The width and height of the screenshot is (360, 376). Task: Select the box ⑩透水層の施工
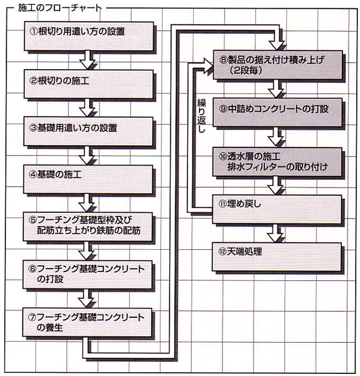(277, 162)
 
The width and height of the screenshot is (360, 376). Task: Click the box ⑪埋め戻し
(277, 207)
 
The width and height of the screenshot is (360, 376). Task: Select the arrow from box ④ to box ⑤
(87, 201)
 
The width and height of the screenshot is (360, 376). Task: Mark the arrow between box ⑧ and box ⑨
(277, 88)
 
